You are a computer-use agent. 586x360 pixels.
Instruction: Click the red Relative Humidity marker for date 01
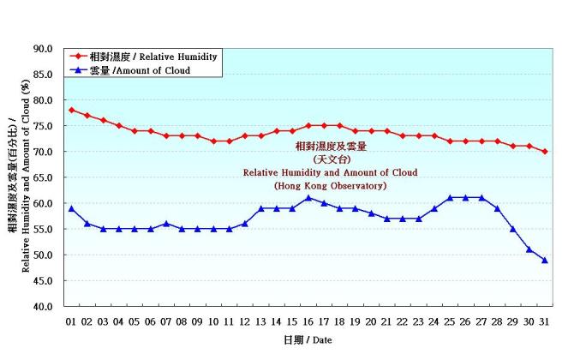[x=72, y=110]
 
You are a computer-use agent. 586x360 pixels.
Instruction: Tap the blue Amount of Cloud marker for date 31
[x=545, y=260]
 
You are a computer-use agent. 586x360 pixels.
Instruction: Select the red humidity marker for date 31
[x=545, y=152]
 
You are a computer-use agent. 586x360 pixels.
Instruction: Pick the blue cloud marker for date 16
[x=308, y=198]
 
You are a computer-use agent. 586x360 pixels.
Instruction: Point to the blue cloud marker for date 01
[x=72, y=208]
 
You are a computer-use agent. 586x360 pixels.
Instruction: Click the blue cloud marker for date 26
[x=466, y=198]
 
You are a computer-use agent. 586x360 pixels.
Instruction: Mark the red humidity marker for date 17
[x=324, y=126]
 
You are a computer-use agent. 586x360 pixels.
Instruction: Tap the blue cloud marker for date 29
[x=513, y=229]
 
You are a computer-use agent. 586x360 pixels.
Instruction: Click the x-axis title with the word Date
[x=308, y=340]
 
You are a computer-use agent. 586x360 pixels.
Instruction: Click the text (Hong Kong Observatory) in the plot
[x=331, y=186]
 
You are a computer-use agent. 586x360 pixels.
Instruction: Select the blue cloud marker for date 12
[x=245, y=224]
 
